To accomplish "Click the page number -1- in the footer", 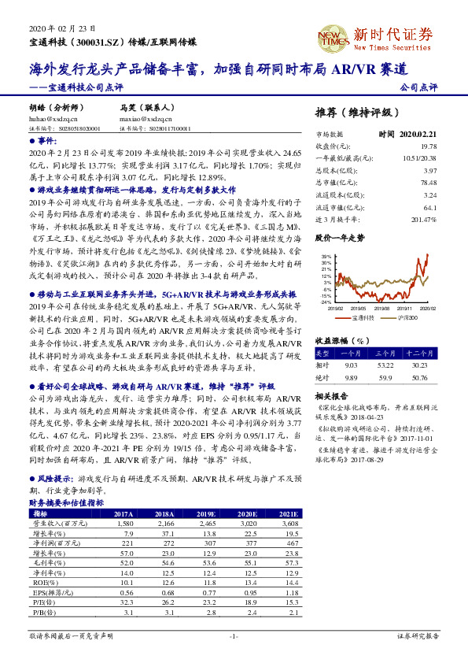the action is point(233,635).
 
